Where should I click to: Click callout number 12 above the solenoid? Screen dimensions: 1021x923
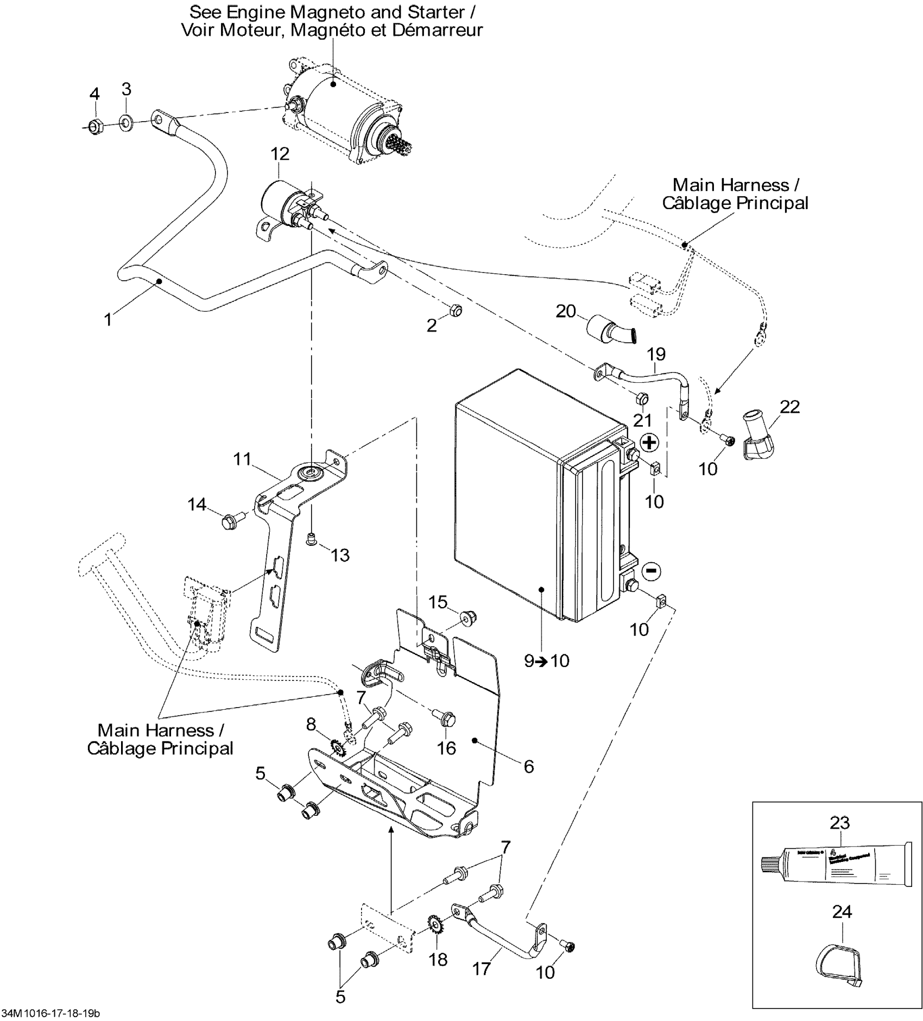coord(280,154)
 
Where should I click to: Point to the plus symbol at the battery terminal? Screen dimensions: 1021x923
coord(649,442)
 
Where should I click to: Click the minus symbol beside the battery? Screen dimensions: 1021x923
coord(652,571)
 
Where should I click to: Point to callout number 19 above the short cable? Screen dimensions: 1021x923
coord(656,355)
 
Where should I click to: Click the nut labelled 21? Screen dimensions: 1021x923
coord(641,398)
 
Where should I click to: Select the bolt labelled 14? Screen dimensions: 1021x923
coord(227,522)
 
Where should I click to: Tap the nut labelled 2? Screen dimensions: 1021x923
coord(456,310)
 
